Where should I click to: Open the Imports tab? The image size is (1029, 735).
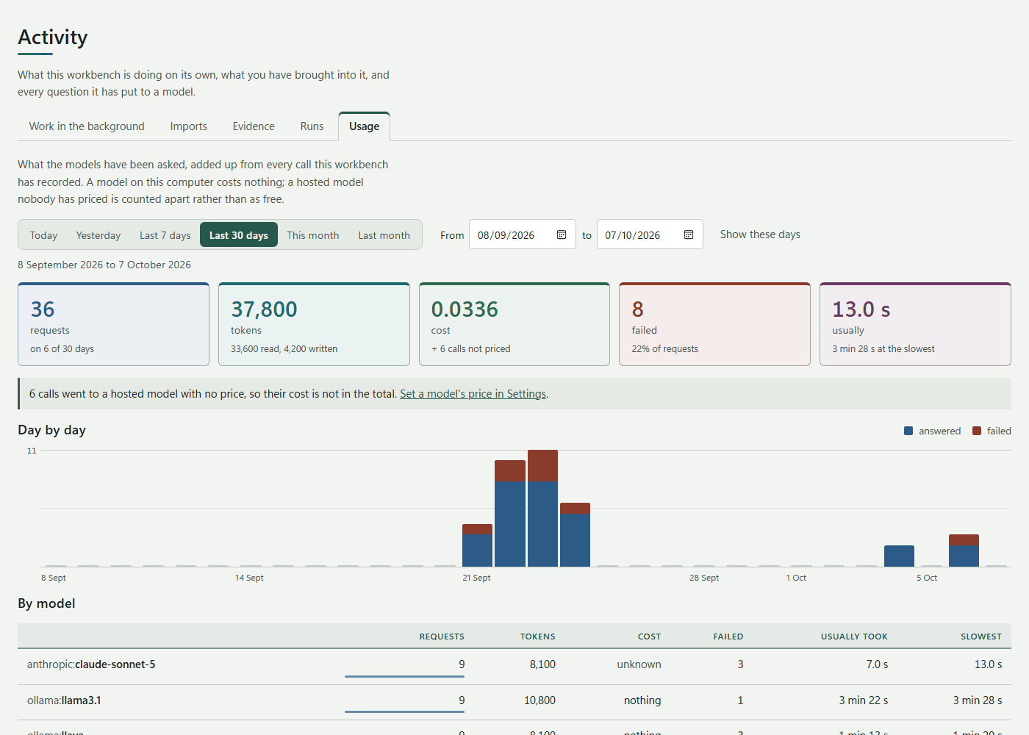click(188, 126)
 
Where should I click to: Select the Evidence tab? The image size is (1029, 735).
click(254, 126)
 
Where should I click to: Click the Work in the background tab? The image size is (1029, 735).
click(87, 126)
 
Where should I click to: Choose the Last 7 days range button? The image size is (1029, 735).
click(165, 235)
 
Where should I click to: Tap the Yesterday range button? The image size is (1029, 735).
click(98, 235)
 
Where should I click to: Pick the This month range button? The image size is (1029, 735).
click(313, 235)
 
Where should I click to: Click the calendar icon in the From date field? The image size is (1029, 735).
click(562, 234)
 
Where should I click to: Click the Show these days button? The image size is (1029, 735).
click(760, 234)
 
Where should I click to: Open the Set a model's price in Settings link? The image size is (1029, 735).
click(473, 394)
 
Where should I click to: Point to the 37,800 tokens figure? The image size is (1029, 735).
click(264, 309)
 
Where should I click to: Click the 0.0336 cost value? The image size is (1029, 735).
click(465, 309)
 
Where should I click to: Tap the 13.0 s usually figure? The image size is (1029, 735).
click(861, 309)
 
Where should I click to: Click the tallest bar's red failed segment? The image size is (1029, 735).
click(542, 466)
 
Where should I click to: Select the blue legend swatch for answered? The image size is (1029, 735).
click(908, 431)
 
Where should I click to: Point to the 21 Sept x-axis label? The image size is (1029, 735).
click(476, 578)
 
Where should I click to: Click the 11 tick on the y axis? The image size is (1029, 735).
click(32, 451)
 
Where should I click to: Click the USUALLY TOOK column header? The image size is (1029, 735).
click(854, 637)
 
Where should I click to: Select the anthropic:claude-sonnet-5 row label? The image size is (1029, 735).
click(91, 664)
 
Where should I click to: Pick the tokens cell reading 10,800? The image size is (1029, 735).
click(539, 700)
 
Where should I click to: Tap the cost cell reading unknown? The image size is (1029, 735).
click(639, 664)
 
